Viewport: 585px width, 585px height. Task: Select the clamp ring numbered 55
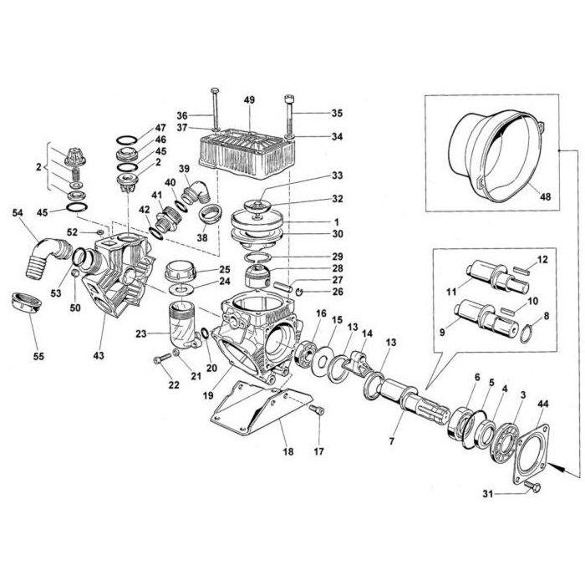[x=28, y=302]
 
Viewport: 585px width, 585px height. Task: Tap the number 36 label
[x=181, y=115]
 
